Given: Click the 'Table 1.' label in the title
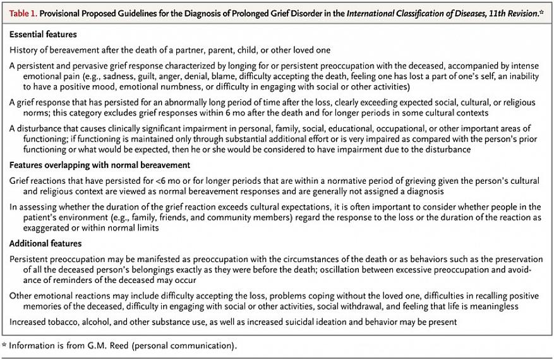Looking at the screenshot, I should pyautogui.click(x=23, y=14).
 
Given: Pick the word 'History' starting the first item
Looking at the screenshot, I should pyautogui.click(x=25, y=49).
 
